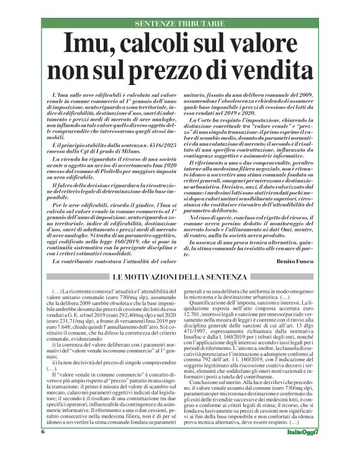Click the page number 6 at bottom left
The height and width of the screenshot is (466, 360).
(43, 449)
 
